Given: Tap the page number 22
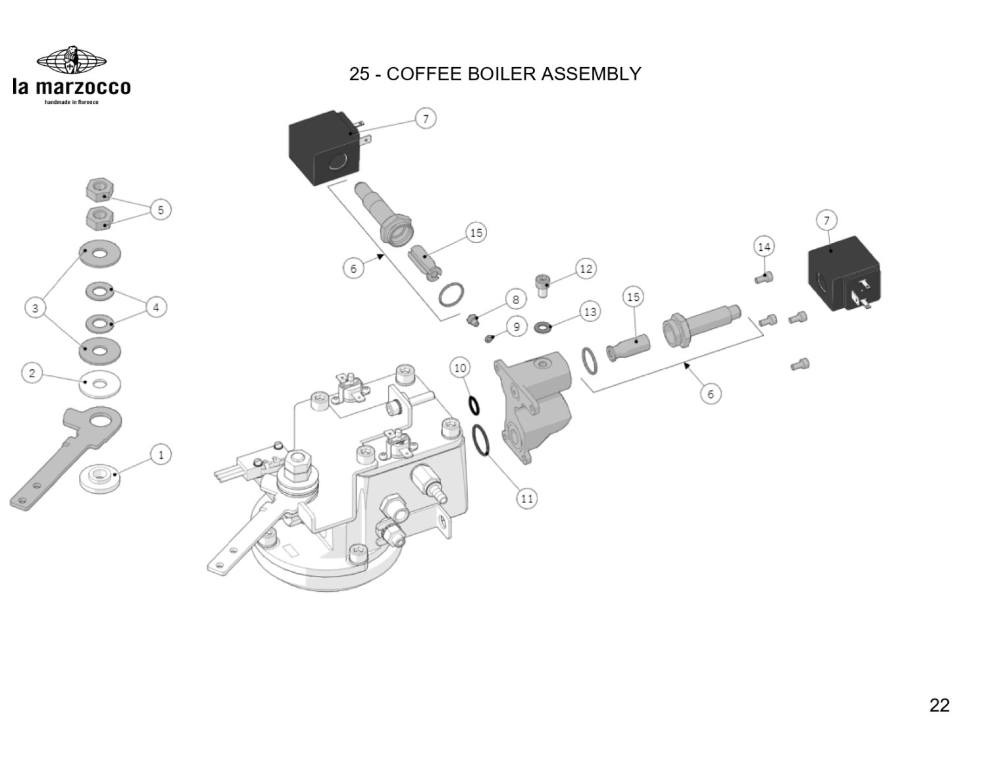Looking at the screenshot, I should pyautogui.click(x=939, y=705).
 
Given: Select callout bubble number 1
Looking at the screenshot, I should pyautogui.click(x=161, y=454).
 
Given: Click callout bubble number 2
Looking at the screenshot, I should pyautogui.click(x=32, y=373).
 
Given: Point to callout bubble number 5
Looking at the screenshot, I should pyautogui.click(x=161, y=210).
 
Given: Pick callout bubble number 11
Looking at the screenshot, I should pyautogui.click(x=527, y=498).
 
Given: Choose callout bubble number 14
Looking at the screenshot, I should pyautogui.click(x=763, y=247).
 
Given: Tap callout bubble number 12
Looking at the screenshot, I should pyautogui.click(x=586, y=269).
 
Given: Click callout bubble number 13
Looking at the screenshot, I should pyautogui.click(x=590, y=311).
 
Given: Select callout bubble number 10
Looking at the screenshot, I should pyautogui.click(x=460, y=367).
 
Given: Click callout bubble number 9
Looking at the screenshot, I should pyautogui.click(x=517, y=327).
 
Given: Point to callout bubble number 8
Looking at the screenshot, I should pyautogui.click(x=515, y=300).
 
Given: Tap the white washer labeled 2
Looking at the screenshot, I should pyautogui.click(x=99, y=384).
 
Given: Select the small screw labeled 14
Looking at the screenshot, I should pyautogui.click(x=763, y=278).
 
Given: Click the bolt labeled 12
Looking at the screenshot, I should pyautogui.click(x=544, y=285).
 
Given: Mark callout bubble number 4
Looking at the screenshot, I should pyautogui.click(x=156, y=307).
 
